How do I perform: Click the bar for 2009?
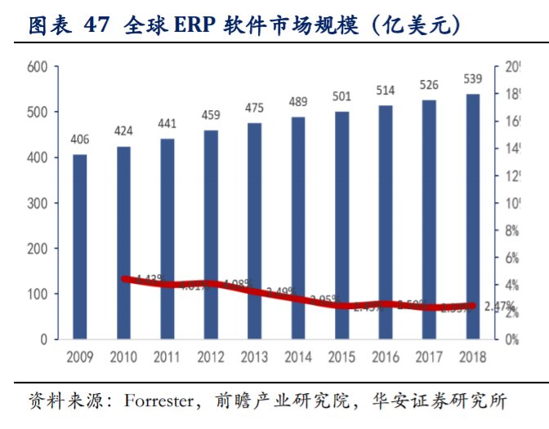tap(79, 245)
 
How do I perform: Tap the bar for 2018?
tap(472, 215)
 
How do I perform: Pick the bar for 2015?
tap(341, 224)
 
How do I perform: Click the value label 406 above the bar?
tap(79, 139)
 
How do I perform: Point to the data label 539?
tap(472, 79)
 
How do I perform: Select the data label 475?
tap(254, 108)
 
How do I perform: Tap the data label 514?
tap(385, 90)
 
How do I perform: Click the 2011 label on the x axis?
tap(167, 357)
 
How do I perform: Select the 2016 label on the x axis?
tap(385, 357)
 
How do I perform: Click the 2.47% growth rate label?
tap(498, 307)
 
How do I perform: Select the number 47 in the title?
tap(100, 25)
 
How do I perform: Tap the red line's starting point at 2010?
tap(124, 279)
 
